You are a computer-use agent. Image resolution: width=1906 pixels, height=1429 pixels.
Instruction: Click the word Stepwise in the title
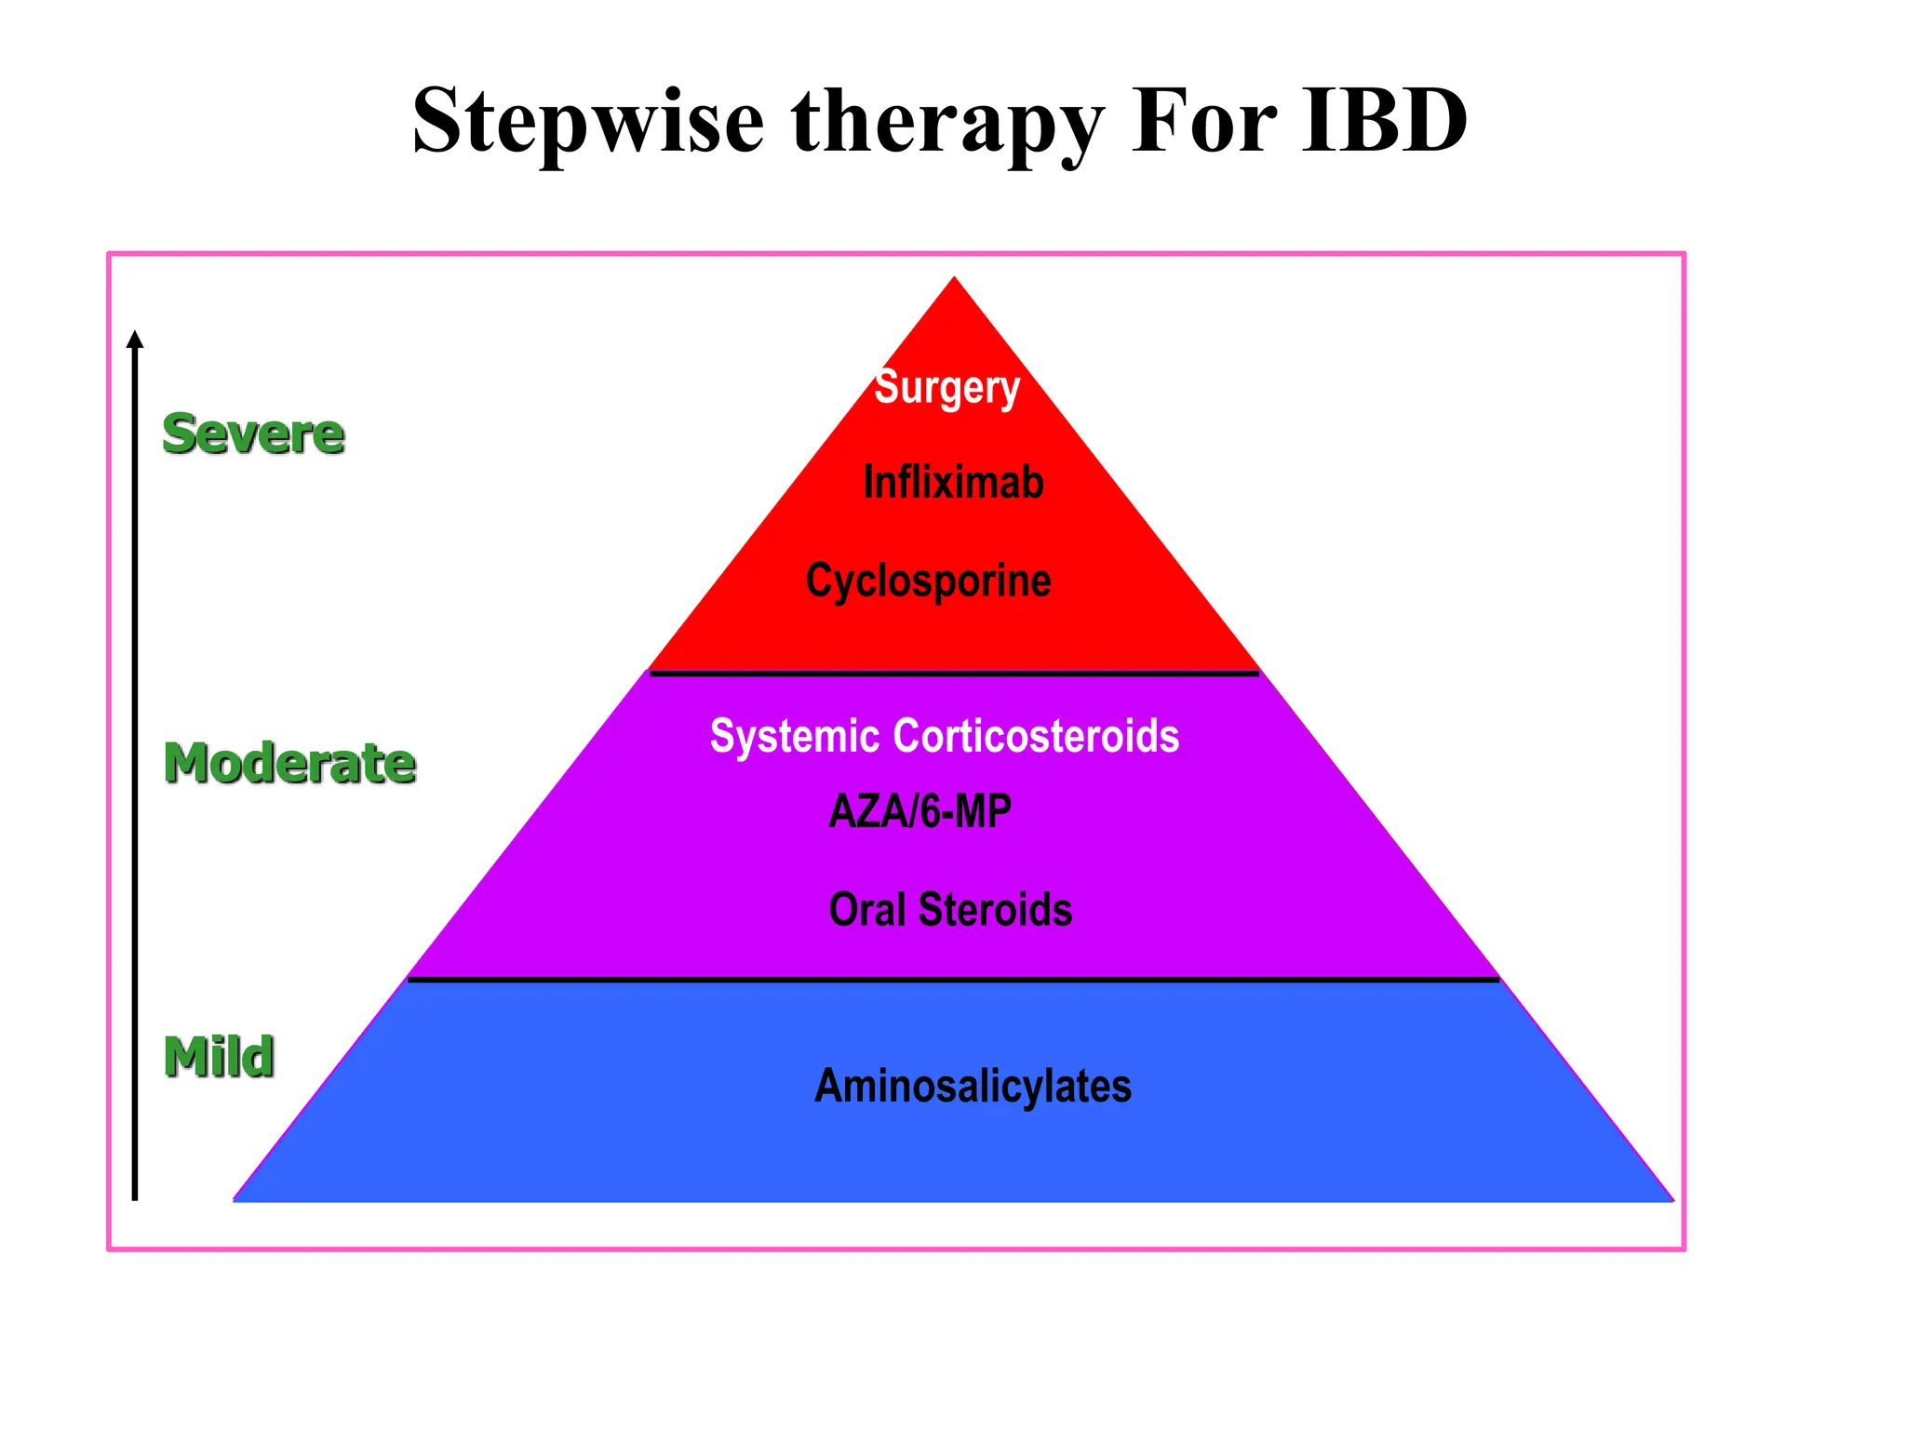coord(588,122)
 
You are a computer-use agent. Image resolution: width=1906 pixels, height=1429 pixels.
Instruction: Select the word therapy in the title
coord(947,122)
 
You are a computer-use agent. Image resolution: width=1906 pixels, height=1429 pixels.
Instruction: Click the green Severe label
coord(253,434)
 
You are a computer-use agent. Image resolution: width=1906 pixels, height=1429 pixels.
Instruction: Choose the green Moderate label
coord(289,763)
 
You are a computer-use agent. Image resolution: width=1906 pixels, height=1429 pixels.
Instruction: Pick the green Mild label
coord(219,1057)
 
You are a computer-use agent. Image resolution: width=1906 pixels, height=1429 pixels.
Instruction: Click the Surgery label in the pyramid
coord(947,388)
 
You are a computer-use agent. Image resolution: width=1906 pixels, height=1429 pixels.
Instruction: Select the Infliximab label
coord(953,482)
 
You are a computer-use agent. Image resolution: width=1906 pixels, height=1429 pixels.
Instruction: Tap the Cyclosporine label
coord(928,581)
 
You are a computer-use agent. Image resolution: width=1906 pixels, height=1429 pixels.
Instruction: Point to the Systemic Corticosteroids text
coord(944,736)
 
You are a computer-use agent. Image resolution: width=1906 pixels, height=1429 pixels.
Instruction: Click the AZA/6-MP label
coord(919,811)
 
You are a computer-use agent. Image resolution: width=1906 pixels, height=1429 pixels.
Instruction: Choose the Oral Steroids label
coord(950,909)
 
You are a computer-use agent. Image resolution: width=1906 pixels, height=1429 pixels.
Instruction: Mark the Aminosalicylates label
coord(973,1086)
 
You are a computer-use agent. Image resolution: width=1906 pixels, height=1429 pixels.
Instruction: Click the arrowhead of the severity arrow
coord(135,340)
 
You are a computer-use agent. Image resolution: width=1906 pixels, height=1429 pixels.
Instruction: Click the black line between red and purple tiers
coord(954,673)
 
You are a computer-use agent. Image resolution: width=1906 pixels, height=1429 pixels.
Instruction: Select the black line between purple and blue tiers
coord(954,979)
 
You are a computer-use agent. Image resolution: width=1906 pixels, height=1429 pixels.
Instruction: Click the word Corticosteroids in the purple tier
coord(1036,736)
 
